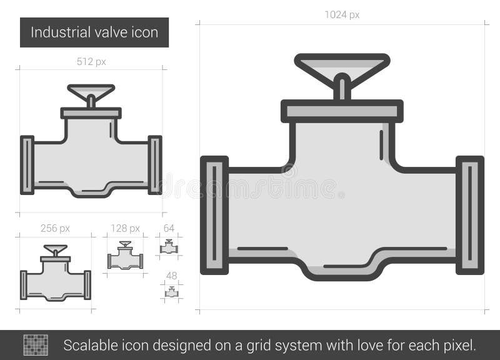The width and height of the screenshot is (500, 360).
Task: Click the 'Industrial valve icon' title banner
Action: (x=94, y=32)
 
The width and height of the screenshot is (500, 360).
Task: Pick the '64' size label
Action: (x=169, y=228)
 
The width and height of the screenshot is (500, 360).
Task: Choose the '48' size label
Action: (x=171, y=276)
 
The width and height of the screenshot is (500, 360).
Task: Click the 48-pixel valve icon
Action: (x=171, y=292)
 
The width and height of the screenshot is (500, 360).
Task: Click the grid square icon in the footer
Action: (x=36, y=344)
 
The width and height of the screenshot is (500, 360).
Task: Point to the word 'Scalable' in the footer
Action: (x=88, y=344)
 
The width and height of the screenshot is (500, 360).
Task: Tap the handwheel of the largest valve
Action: (x=342, y=65)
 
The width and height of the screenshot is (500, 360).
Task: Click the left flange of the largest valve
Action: (x=214, y=215)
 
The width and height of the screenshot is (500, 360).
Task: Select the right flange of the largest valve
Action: (x=470, y=215)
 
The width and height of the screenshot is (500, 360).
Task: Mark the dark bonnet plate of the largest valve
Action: (x=342, y=111)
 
